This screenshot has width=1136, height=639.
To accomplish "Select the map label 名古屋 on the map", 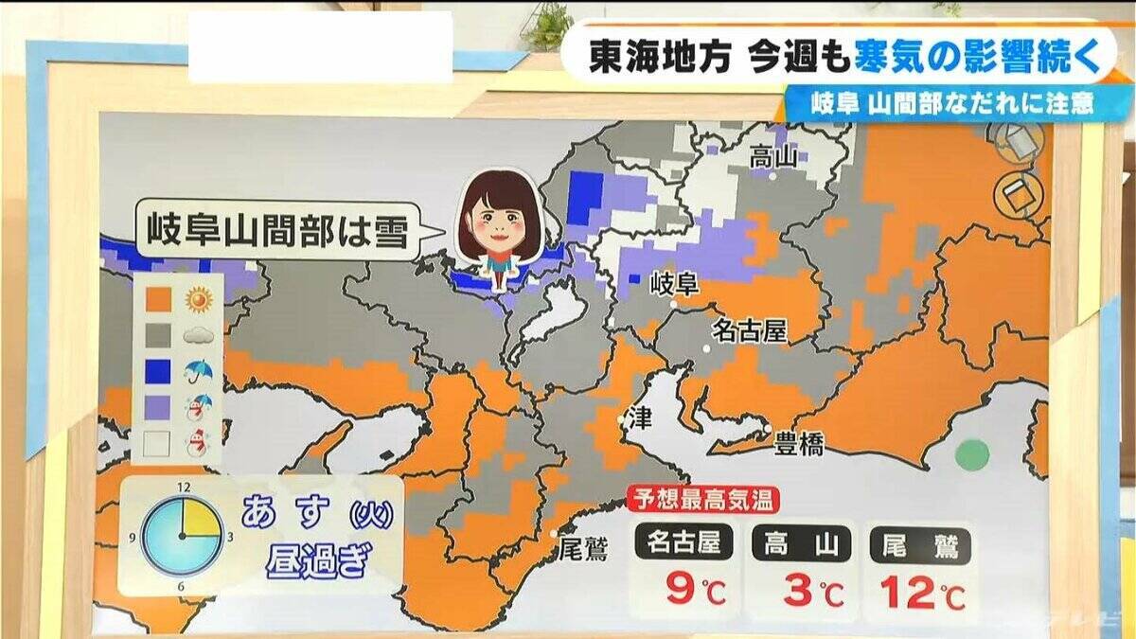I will [750, 330].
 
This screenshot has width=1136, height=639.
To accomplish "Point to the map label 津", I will [641, 418].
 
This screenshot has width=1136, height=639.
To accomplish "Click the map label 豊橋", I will [799, 444].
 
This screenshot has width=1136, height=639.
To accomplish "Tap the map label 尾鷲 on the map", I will [582, 549].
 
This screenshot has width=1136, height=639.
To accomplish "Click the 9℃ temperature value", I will [695, 593].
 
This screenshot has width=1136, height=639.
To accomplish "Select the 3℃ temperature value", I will [812, 593].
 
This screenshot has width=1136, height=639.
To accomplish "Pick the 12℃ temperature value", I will [923, 593].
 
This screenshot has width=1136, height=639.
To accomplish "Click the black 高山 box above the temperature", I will [801, 544].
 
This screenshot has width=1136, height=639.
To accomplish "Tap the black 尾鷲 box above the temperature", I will [920, 544].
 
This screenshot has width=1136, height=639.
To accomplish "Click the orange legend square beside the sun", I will [159, 300].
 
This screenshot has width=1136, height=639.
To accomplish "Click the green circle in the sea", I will [971, 455].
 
